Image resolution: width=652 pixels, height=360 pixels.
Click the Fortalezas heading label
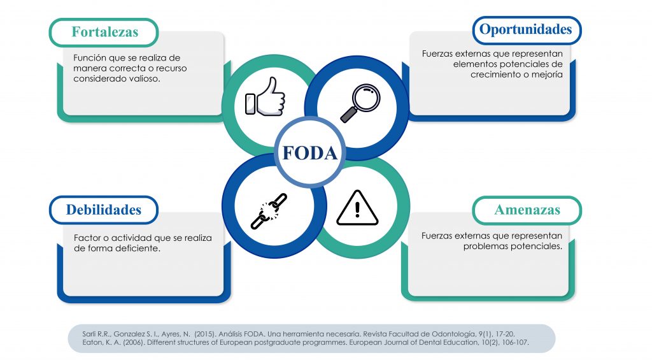click(x=104, y=32)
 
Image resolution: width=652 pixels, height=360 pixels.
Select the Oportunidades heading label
click(x=525, y=29)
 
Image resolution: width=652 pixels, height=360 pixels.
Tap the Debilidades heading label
click(x=104, y=210)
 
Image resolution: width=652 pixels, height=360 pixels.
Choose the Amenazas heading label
click(x=527, y=210)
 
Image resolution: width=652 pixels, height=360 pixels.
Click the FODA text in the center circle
click(x=309, y=153)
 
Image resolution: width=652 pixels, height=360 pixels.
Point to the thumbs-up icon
click(x=266, y=97)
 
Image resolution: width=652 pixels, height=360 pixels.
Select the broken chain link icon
click(x=268, y=211)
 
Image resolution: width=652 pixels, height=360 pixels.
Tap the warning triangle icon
click(x=357, y=208)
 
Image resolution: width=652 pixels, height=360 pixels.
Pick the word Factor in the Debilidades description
click(x=87, y=238)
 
